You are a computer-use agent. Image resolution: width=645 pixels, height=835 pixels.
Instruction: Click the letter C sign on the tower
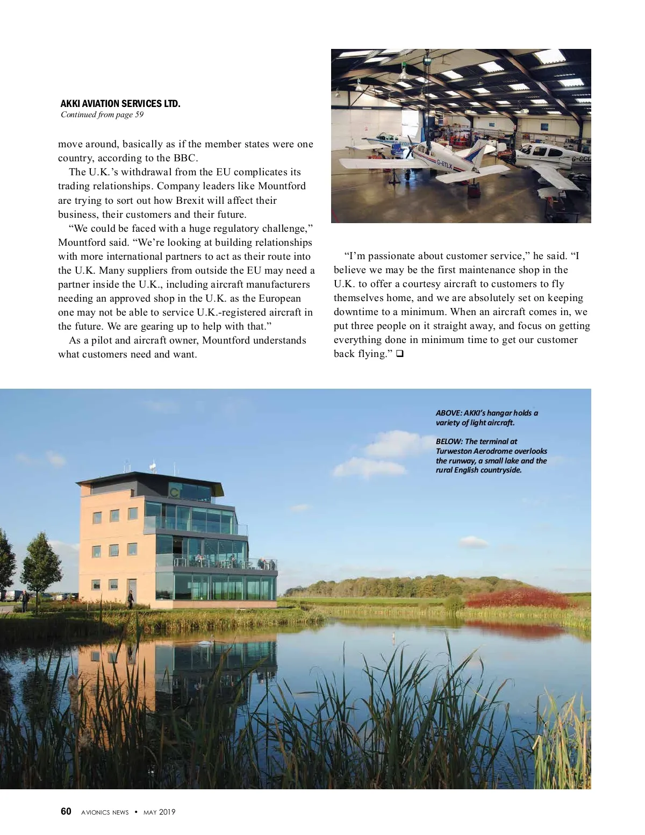(175, 491)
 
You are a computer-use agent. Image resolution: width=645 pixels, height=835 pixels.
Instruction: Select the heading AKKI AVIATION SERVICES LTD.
(120, 104)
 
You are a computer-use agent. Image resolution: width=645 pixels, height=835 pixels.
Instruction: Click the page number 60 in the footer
(66, 811)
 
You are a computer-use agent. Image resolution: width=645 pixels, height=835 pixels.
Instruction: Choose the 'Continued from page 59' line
(102, 115)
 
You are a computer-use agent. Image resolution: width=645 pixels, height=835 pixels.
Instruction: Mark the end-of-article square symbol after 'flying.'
(399, 354)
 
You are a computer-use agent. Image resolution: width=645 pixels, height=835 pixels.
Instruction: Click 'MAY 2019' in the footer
(159, 812)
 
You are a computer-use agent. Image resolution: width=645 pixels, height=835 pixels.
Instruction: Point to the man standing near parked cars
(24, 599)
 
